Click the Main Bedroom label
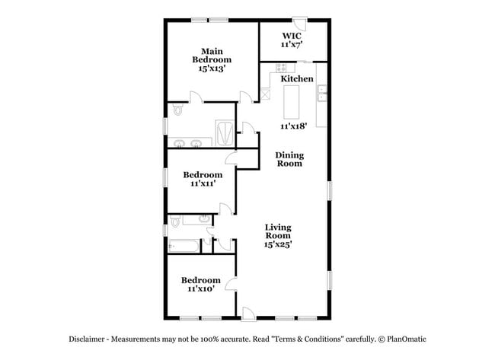211,56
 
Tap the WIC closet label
291,36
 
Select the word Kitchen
297,79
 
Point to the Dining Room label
289,159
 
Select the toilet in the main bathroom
177,111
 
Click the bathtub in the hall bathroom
182,246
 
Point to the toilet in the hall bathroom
176,222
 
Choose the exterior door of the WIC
302,22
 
